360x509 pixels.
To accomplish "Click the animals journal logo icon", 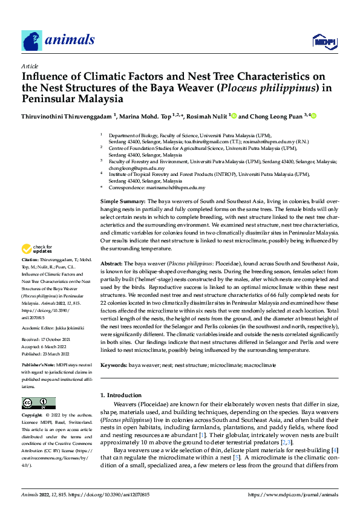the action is pyautogui.click(x=32, y=41).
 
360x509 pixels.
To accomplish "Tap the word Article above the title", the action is pyautogui.click(x=30, y=66).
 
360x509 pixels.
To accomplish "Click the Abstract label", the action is pyautogui.click(x=111, y=264).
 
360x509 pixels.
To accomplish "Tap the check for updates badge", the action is pyautogui.click(x=36, y=248).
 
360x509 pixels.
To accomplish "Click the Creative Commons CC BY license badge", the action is pyautogui.click(x=38, y=403).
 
